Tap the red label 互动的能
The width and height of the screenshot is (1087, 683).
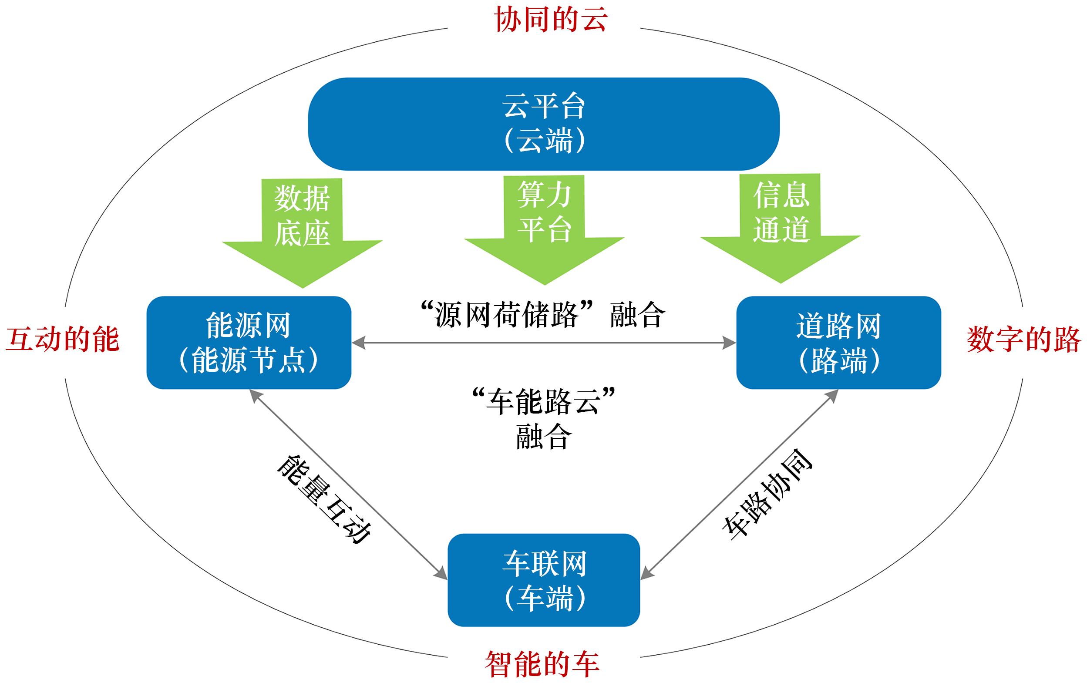coord(62,340)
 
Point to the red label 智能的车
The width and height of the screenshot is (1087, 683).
coord(542,664)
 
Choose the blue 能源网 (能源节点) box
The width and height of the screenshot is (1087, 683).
coord(249,342)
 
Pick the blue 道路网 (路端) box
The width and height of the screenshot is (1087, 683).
coord(838,342)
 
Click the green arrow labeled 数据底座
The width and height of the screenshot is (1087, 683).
coord(302,230)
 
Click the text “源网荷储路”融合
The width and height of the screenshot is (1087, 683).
coord(542,315)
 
